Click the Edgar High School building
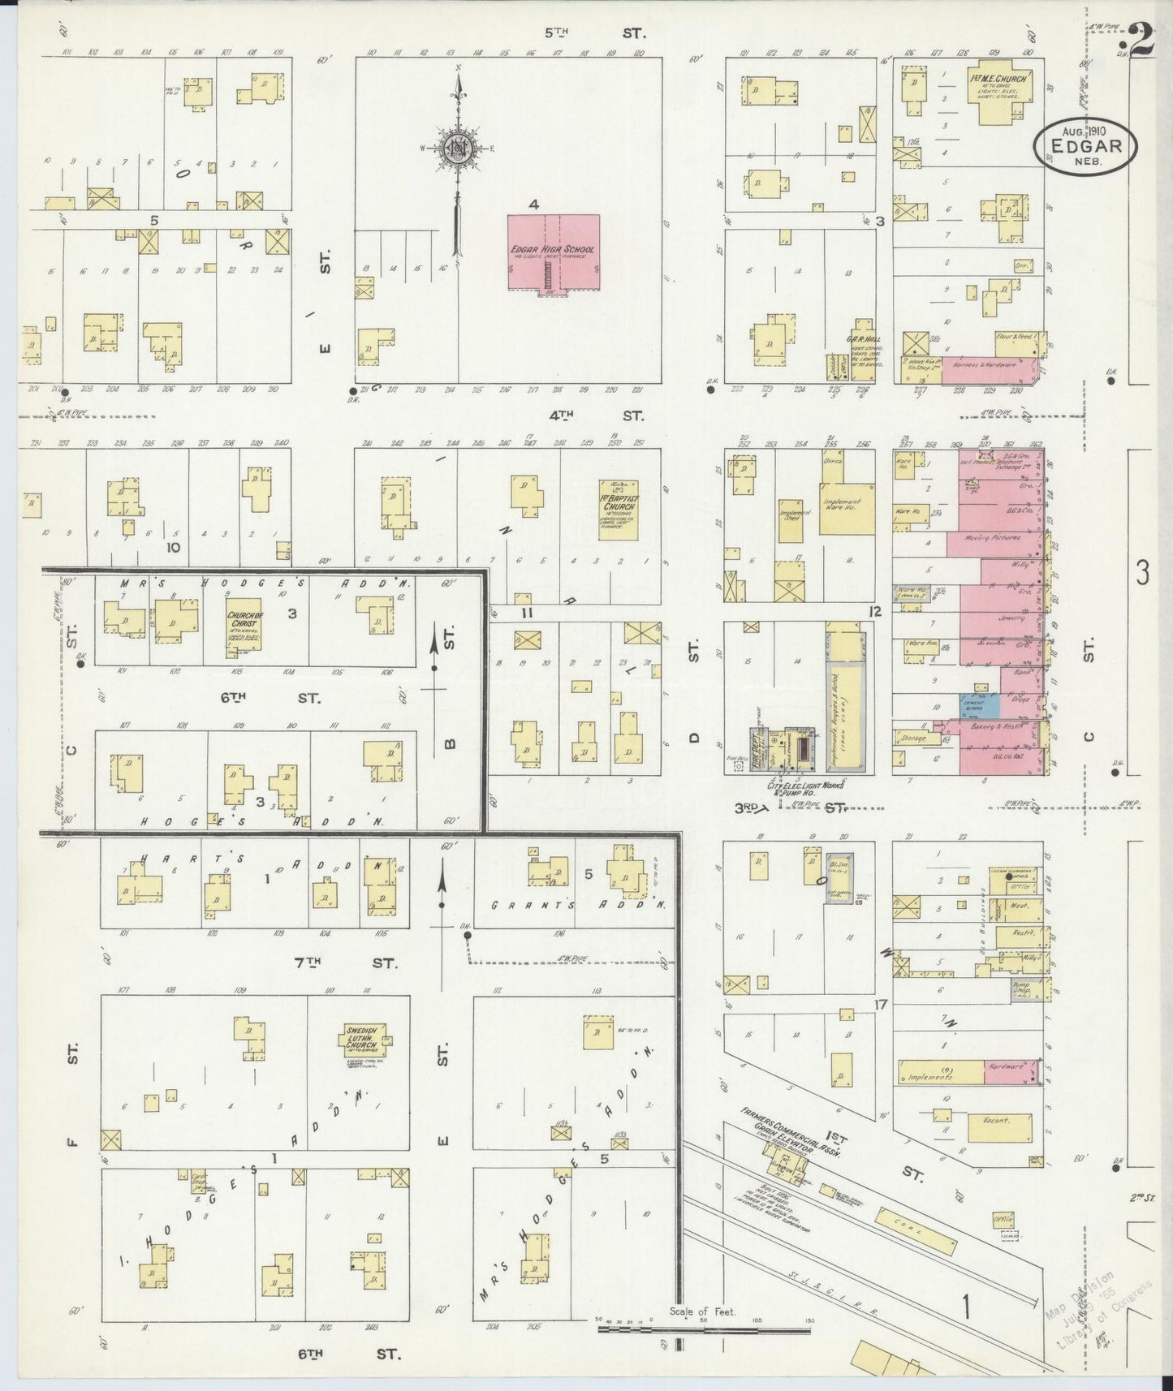553,251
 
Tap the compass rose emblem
457,148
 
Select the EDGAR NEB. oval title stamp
1085,144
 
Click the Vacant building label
996,1120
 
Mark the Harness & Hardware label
990,365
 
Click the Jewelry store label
1009,618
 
